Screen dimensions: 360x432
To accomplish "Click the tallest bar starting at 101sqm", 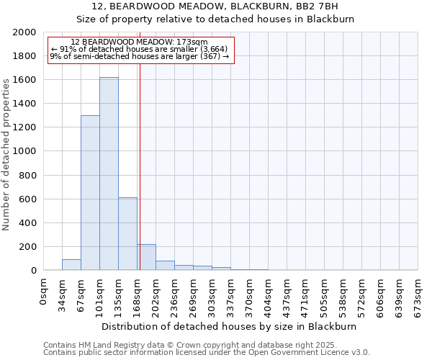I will coord(109,174).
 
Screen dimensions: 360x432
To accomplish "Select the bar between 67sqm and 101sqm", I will coord(90,193).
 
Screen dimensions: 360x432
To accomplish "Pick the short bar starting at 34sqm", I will coord(71,264).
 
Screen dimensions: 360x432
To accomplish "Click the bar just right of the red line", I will coord(146,257).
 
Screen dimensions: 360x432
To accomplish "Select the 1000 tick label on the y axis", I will coord(24,151).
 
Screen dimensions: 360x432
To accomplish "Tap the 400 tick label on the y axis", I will coord(27,223).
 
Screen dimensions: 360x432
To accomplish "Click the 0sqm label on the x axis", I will coord(44,292).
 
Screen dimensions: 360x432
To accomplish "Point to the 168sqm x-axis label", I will coord(138,294).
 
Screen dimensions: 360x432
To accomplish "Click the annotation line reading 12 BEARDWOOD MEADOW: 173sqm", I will coord(140,42).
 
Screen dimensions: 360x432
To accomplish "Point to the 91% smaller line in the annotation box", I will coord(140,49).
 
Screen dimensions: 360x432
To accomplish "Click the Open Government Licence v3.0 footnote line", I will coord(207,353).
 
